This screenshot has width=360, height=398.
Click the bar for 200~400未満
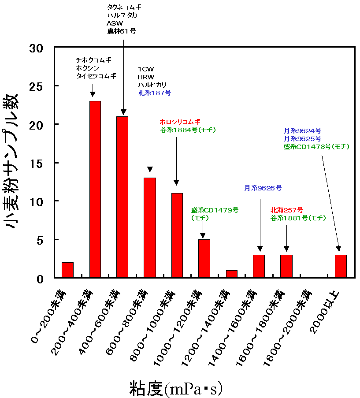tap(95, 190)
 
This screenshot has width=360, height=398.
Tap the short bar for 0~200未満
tap(67, 270)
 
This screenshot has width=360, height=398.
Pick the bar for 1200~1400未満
tap(232, 274)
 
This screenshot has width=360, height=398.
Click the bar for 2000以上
tap(341, 266)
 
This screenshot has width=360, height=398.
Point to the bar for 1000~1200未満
tap(204, 259)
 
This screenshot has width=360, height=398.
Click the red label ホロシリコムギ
tap(180, 121)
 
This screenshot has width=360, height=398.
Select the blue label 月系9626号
tap(263, 188)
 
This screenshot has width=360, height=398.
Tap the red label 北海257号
tap(286, 209)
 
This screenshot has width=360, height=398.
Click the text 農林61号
tap(121, 31)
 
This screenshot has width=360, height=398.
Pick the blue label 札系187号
tap(154, 93)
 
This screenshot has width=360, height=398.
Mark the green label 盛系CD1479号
tap(215, 210)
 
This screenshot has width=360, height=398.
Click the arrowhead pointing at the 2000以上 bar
tap(338, 249)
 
